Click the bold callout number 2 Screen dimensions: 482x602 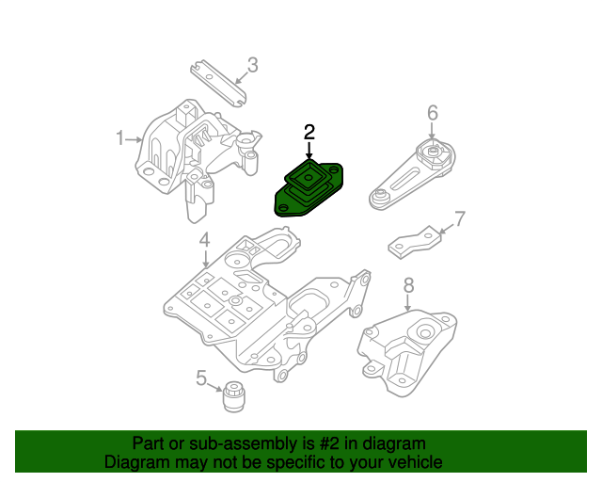(309, 131)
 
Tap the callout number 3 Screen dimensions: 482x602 (252, 65)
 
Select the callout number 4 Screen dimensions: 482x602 (203, 242)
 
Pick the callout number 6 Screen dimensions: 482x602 (432, 113)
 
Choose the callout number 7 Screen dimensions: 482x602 (459, 220)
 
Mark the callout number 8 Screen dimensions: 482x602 (408, 284)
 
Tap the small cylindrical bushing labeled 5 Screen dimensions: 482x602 (233, 395)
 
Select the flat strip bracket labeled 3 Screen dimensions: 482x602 (215, 82)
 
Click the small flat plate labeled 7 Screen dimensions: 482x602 (414, 242)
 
